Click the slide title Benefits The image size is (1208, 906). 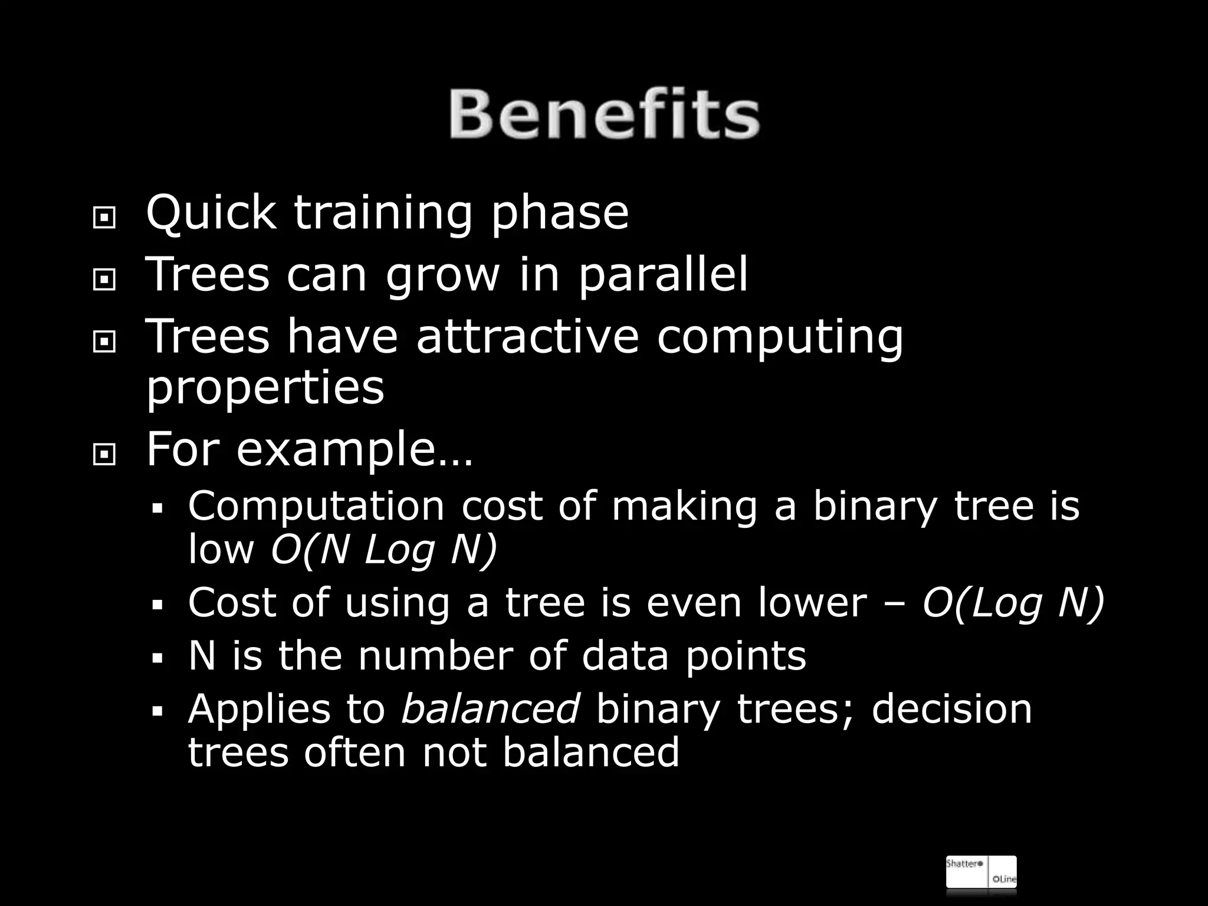(604, 114)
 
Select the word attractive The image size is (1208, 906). (527, 337)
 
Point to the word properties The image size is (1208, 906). (265, 389)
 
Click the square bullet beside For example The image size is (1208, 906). (104, 455)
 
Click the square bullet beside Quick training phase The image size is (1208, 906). (104, 219)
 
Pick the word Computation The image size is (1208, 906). (316, 507)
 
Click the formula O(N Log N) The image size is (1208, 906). (384, 550)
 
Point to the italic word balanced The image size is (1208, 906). (490, 708)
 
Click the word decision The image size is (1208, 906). (951, 708)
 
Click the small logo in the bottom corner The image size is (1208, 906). (981, 871)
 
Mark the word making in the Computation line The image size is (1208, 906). (684, 507)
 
